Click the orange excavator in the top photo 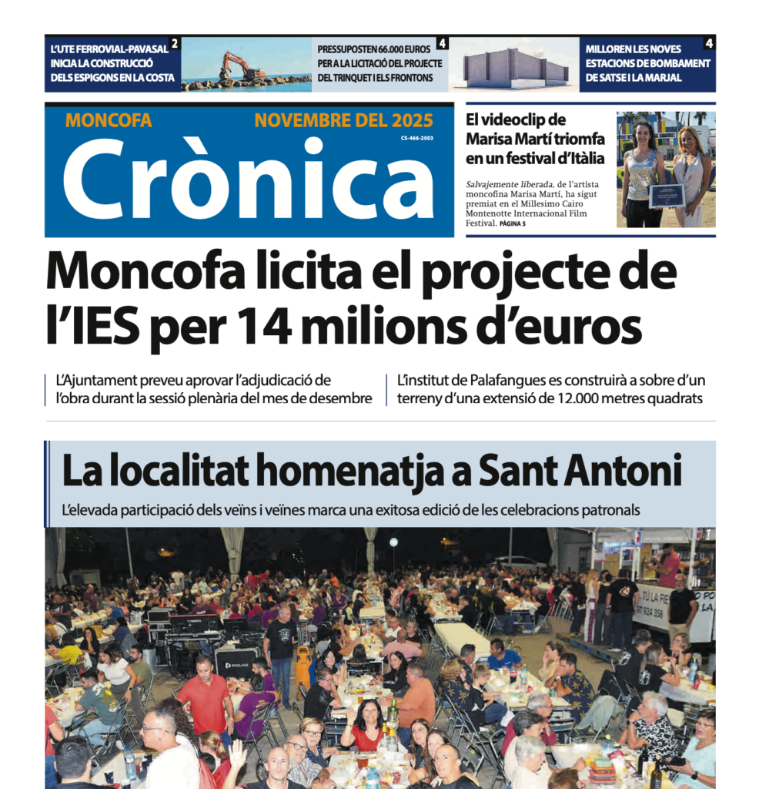[240, 67]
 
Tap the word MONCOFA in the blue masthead [109, 121]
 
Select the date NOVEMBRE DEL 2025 [343, 121]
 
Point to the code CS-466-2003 [417, 139]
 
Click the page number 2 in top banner [175, 43]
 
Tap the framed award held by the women [666, 196]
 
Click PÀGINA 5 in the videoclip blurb [513, 223]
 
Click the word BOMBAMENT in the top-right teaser [674, 63]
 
